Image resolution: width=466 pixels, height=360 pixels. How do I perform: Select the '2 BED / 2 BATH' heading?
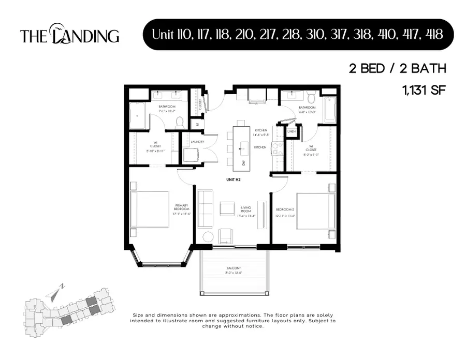click(x=397, y=68)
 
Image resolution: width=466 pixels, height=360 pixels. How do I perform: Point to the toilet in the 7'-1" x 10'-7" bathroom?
click(x=180, y=123)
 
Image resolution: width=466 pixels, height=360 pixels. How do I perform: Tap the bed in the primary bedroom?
click(x=152, y=209)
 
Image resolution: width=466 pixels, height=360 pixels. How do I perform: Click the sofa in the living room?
click(x=206, y=209)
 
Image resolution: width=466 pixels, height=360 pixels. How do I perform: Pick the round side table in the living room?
click(x=208, y=237)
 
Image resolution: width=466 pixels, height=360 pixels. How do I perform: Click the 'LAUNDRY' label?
click(x=197, y=142)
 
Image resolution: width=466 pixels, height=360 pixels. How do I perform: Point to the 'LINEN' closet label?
click(x=291, y=131)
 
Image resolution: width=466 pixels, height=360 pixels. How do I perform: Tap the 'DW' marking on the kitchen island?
click(x=241, y=163)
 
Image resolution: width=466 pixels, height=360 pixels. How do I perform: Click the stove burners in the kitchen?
click(x=276, y=148)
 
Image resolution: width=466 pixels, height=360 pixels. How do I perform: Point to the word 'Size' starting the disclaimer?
click(x=138, y=315)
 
